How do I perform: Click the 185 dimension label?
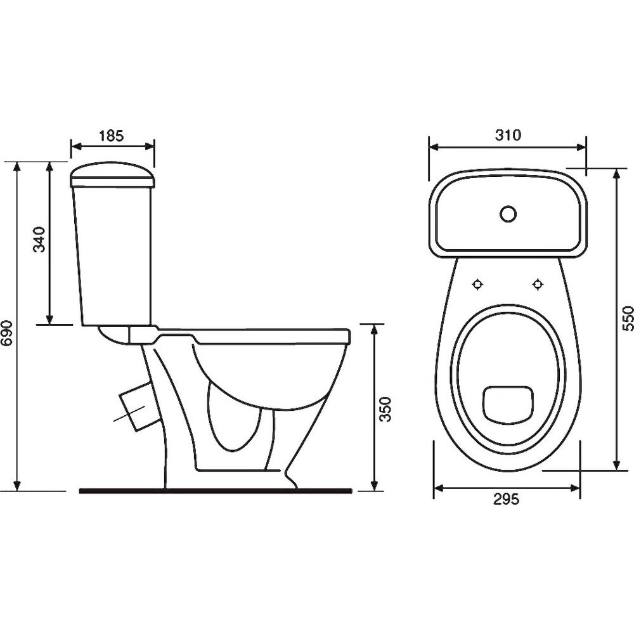tap(111, 136)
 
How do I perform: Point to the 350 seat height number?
tap(386, 409)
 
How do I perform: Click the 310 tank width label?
tap(508, 135)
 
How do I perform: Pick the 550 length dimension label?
tap(627, 318)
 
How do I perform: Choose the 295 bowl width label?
tap(506, 500)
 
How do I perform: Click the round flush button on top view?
tap(508, 214)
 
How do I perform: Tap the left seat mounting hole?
tap(478, 285)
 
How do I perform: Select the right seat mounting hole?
tap(538, 285)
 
